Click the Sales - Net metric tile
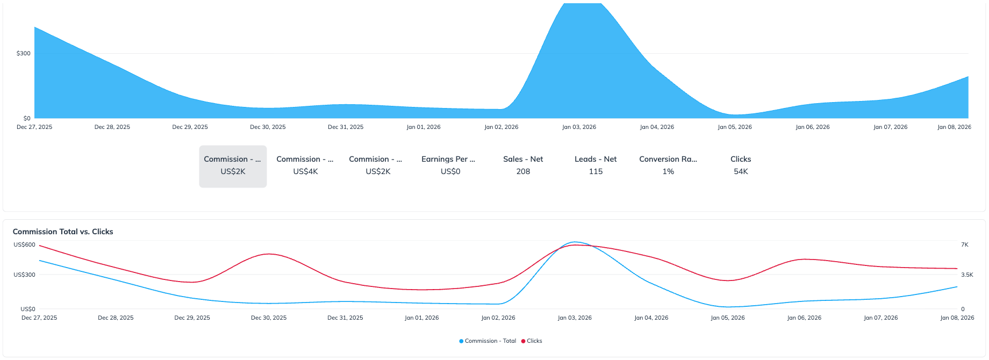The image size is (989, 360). (523, 165)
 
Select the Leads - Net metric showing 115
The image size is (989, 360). (596, 165)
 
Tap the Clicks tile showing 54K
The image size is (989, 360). (741, 165)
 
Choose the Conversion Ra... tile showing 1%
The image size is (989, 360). (668, 165)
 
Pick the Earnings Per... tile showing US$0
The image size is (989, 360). (450, 165)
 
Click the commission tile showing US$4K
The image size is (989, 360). (305, 165)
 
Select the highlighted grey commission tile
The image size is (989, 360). (233, 166)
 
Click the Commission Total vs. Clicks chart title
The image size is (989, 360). (63, 232)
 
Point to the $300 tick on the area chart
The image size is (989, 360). (24, 54)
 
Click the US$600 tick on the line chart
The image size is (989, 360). (25, 245)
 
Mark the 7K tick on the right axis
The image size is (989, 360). (965, 245)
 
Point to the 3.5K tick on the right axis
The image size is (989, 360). (967, 275)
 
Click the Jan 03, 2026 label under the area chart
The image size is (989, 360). (579, 127)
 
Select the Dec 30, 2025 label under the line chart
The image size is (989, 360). (269, 318)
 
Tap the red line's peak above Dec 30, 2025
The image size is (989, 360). (269, 254)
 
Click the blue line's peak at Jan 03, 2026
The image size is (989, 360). (575, 242)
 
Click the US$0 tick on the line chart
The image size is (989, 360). (28, 309)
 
